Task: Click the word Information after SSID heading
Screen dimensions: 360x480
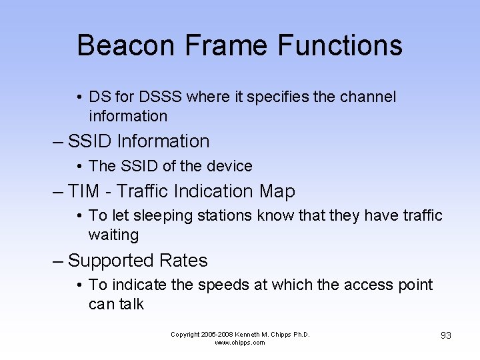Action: click(163, 141)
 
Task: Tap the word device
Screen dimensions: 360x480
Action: click(231, 167)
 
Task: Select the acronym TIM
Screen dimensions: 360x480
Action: click(83, 192)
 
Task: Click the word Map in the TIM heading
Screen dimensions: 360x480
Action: click(277, 192)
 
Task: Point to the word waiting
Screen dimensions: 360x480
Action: click(113, 235)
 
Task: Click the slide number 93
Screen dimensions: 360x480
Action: click(445, 335)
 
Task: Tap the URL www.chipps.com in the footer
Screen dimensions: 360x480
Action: click(240, 343)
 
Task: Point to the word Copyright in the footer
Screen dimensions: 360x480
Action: click(186, 335)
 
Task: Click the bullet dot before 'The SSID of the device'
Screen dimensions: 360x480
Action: click(79, 167)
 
